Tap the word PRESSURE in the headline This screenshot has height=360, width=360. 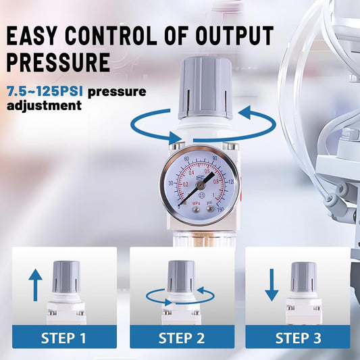58,62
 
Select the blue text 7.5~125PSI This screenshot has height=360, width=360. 45,91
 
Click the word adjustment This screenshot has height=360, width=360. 44,105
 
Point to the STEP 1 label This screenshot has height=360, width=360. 63,338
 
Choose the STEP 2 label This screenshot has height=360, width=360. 182,338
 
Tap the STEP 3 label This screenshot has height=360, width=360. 299,338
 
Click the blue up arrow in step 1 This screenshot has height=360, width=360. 35,285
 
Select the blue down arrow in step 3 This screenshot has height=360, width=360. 272,285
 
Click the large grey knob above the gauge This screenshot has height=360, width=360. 205,88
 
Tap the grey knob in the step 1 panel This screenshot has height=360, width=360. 66,277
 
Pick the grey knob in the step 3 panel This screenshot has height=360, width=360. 304,277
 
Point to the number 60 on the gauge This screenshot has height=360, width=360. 186,159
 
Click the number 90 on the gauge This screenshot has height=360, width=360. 215,158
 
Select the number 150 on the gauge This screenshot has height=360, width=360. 220,209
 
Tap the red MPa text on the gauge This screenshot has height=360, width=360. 196,203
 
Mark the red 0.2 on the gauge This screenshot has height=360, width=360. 185,184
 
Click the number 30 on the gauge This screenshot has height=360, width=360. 171,183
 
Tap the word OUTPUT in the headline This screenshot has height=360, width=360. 234,35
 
